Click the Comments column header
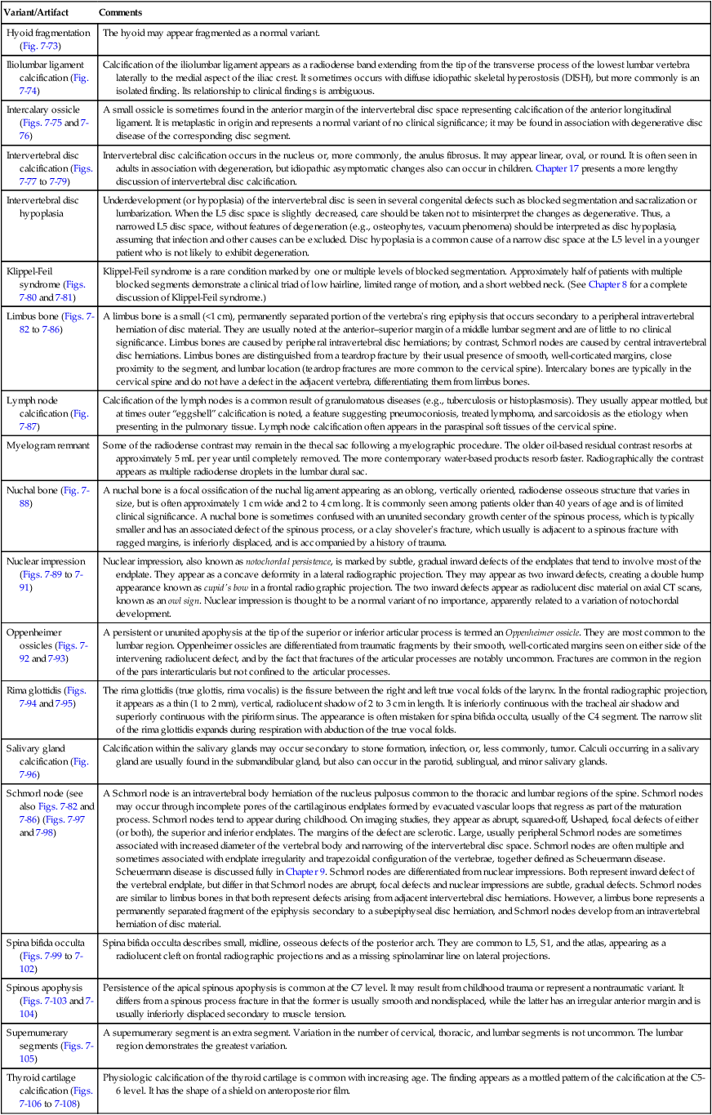click(120, 14)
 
